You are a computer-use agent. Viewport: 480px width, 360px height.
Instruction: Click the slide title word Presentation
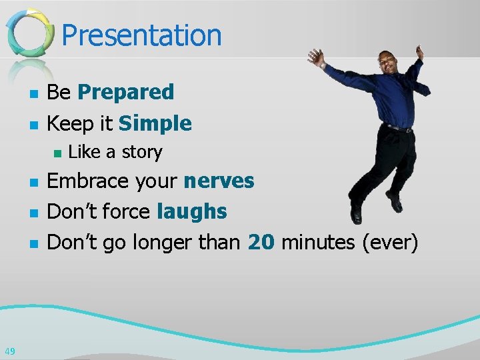[x=141, y=35]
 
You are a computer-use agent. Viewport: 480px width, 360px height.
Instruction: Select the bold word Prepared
[x=125, y=92]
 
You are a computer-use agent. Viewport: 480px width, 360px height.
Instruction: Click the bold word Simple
[x=155, y=123]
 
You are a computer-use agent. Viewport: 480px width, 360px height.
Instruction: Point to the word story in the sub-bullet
[x=141, y=153]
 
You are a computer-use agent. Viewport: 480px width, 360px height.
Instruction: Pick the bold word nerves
[x=219, y=181]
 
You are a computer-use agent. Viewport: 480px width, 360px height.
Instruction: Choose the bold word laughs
[x=191, y=212]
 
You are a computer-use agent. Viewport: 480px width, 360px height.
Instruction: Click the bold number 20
[x=261, y=243]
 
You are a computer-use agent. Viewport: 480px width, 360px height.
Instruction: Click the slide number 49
[x=10, y=351]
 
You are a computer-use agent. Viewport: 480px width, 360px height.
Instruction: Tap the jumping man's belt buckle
[x=399, y=128]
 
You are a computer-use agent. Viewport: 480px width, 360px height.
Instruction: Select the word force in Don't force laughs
[x=126, y=212]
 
